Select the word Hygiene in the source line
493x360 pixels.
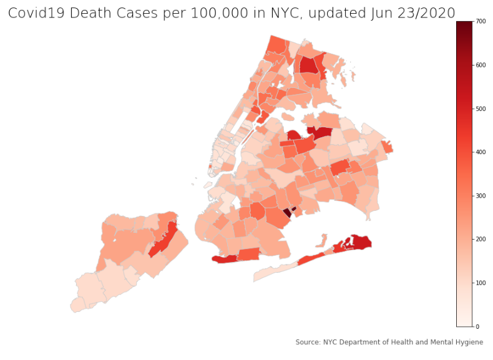point(469,342)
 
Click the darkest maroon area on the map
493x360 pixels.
point(287,212)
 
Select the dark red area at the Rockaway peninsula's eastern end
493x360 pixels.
point(361,241)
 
